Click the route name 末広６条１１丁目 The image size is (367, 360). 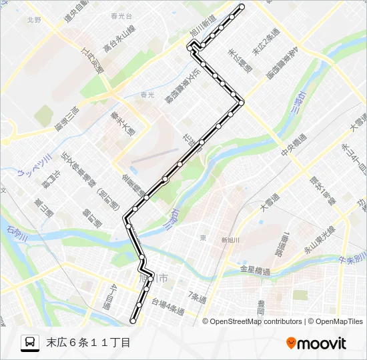tap(88, 343)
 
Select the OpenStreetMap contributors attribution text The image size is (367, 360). tap(256, 321)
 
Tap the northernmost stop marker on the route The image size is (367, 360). tap(242, 7)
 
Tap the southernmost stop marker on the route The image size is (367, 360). tap(133, 321)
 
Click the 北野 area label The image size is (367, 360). tap(34, 21)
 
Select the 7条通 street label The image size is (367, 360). tap(197, 294)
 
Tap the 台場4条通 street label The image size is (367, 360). tap(167, 306)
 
